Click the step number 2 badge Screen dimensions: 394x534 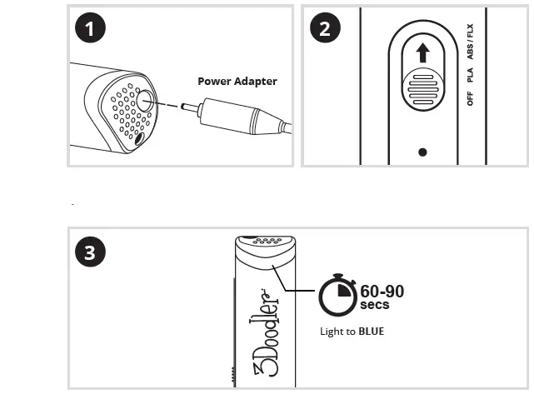coord(324,28)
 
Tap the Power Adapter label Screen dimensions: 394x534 coord(237,82)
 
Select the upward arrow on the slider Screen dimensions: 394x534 coord(423,54)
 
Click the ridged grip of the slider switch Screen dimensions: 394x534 coord(423,86)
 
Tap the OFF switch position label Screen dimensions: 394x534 coord(471,98)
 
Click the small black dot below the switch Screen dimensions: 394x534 coord(423,152)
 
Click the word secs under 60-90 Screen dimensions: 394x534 coord(374,305)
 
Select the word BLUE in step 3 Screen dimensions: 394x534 coord(371,332)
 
